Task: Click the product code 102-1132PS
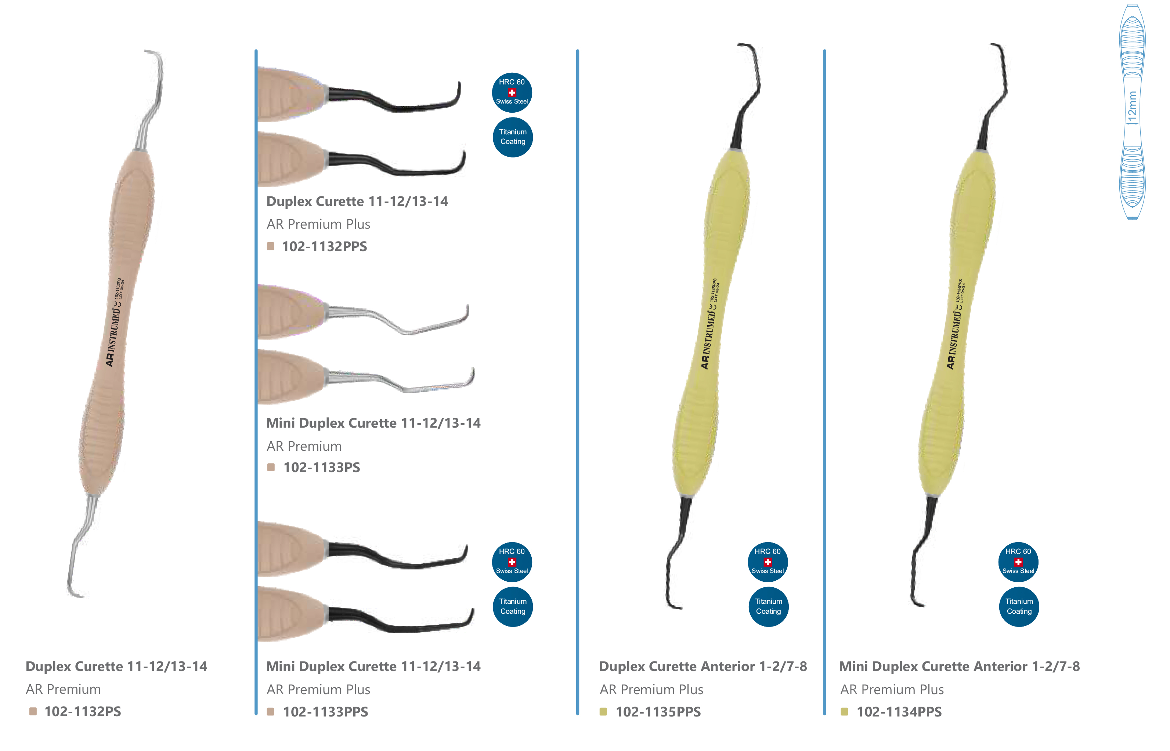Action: click(x=83, y=711)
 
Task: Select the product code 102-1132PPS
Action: click(x=325, y=246)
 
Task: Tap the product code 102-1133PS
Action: click(x=322, y=467)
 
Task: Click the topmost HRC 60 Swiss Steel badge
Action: click(x=512, y=92)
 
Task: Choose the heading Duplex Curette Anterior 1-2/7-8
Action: click(x=703, y=666)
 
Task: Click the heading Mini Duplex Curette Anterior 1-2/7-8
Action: click(x=959, y=666)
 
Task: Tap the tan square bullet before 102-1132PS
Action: click(x=33, y=711)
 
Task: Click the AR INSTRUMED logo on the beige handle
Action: click(x=113, y=337)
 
